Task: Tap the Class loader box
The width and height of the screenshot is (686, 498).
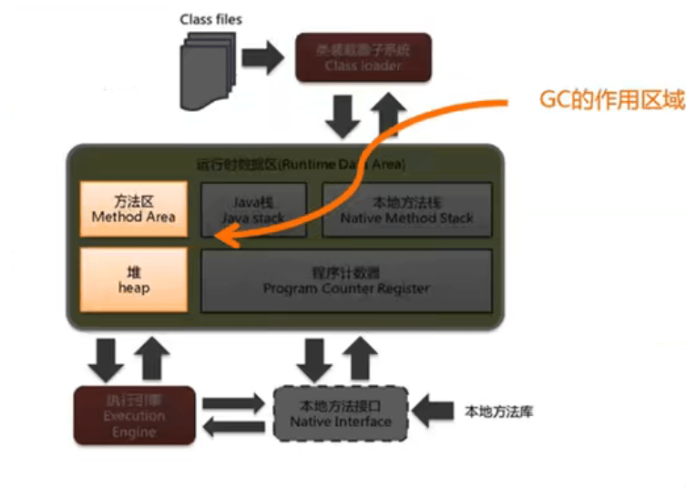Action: (x=363, y=58)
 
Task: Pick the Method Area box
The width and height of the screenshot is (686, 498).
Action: (x=134, y=209)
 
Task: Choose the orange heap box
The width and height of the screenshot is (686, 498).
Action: (x=134, y=279)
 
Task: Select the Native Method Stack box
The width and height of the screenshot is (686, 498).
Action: (x=406, y=210)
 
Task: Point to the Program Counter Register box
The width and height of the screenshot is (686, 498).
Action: (x=345, y=279)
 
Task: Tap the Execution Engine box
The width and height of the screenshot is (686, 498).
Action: (x=134, y=415)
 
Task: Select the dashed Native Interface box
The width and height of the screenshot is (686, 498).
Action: (x=340, y=414)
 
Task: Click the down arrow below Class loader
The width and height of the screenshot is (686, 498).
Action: (x=343, y=116)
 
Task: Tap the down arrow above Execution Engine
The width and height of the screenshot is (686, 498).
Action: (x=109, y=359)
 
